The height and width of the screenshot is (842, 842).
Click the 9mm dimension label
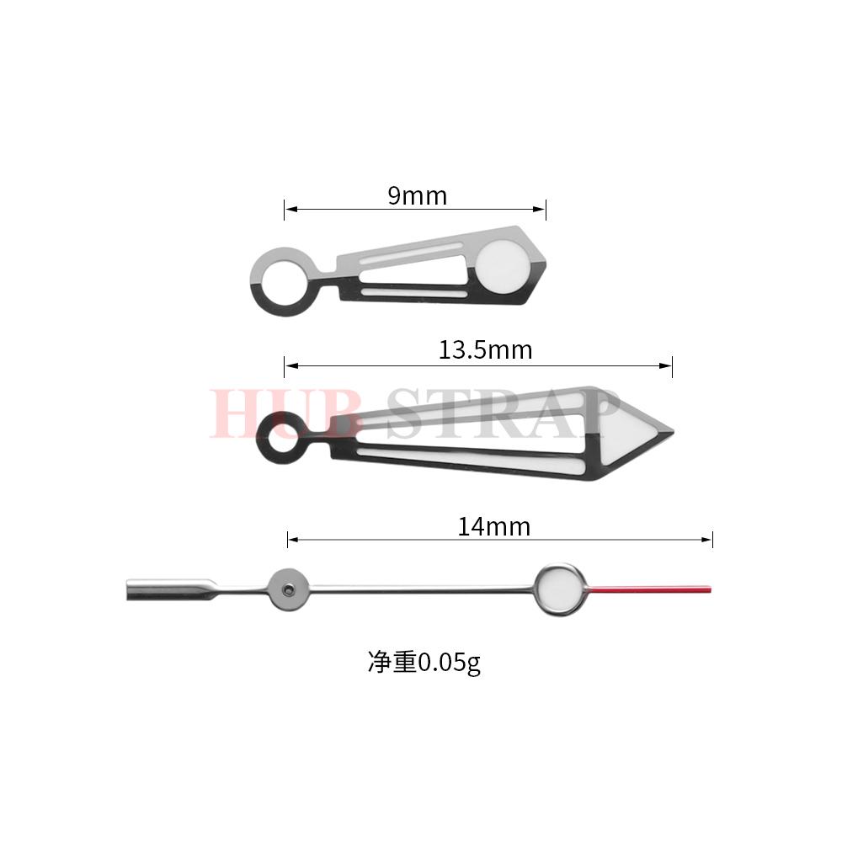click(417, 196)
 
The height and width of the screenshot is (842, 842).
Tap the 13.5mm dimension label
click(485, 349)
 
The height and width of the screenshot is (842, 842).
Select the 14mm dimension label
click(494, 527)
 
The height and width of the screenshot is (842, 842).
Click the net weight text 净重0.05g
click(424, 663)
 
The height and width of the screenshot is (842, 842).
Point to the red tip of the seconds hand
click(653, 586)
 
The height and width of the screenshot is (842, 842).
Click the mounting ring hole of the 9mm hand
click(282, 280)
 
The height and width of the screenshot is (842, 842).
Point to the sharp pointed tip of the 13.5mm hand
click(671, 434)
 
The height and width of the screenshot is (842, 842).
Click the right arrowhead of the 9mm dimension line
click(542, 210)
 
